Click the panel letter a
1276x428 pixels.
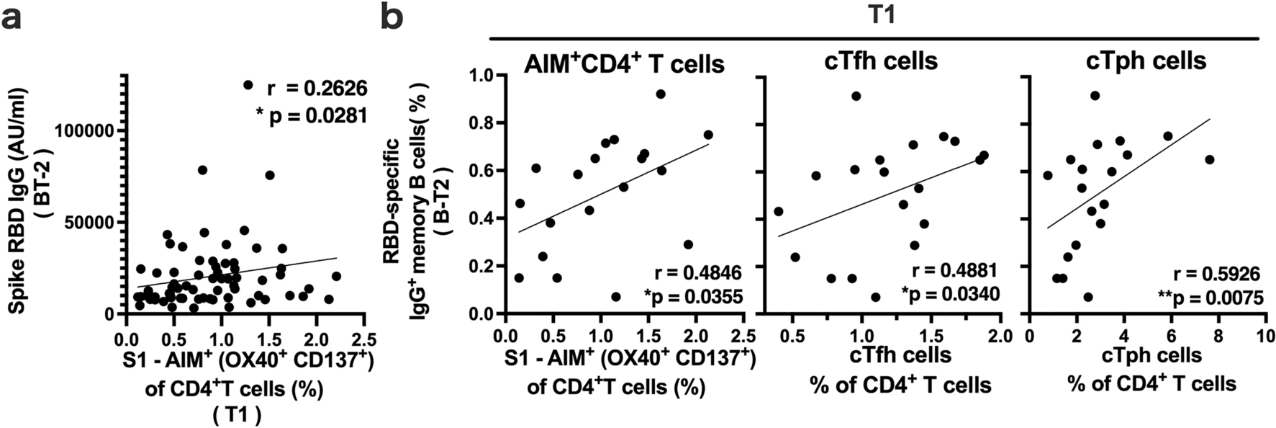tap(19, 17)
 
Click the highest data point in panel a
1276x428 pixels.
tap(248, 85)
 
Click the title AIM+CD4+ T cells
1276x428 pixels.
tap(623, 63)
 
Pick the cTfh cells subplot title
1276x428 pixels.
tap(881, 61)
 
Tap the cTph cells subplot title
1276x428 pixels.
tap(1146, 61)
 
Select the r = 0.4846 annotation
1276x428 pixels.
tap(697, 272)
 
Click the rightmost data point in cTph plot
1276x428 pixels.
tap(1209, 159)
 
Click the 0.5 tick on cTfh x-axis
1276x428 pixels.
tap(792, 336)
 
